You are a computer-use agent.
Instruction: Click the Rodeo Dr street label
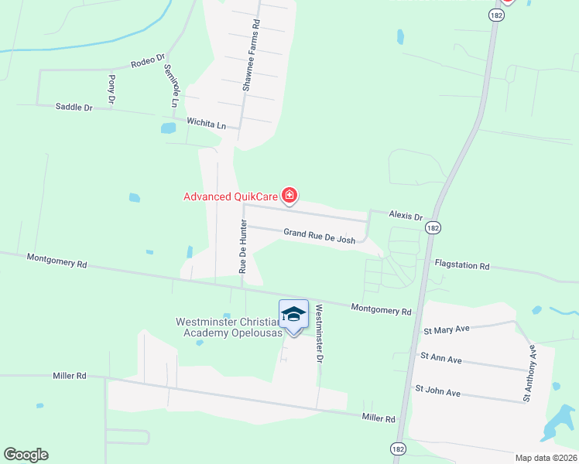point(149,60)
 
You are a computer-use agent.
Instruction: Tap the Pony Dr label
point(111,90)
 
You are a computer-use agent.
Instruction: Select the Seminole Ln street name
point(171,85)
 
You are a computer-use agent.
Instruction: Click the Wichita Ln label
point(207,124)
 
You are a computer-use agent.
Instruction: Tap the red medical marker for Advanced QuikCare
point(289,195)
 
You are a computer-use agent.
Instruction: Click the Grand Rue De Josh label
point(319,236)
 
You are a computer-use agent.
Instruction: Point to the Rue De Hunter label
point(242,248)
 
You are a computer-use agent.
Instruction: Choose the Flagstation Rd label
point(462,266)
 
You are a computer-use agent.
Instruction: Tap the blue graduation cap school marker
point(293,314)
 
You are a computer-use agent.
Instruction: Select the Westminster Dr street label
point(317,333)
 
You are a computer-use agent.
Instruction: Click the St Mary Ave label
point(447,329)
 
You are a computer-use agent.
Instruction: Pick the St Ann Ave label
point(440,360)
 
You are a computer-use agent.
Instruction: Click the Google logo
point(26,455)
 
